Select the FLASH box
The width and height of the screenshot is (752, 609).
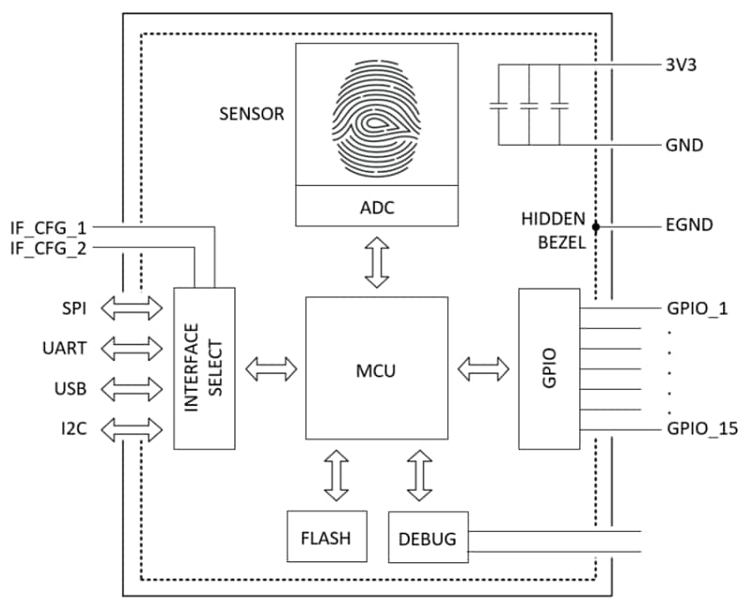pyautogui.click(x=326, y=538)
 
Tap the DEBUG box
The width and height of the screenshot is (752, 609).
pyautogui.click(x=428, y=539)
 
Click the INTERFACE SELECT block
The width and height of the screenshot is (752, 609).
pyautogui.click(x=205, y=368)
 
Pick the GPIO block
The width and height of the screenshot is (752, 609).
pyautogui.click(x=550, y=368)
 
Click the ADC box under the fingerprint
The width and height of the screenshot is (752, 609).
pyautogui.click(x=377, y=207)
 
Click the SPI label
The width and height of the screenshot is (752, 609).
pyautogui.click(x=72, y=308)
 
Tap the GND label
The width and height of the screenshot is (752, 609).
pyautogui.click(x=684, y=145)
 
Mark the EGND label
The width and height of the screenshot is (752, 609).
pyautogui.click(x=688, y=226)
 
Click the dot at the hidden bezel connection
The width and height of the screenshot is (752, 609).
pyautogui.click(x=595, y=226)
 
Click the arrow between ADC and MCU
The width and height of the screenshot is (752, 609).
pyautogui.click(x=377, y=260)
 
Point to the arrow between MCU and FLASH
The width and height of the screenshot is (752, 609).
pyautogui.click(x=335, y=474)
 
